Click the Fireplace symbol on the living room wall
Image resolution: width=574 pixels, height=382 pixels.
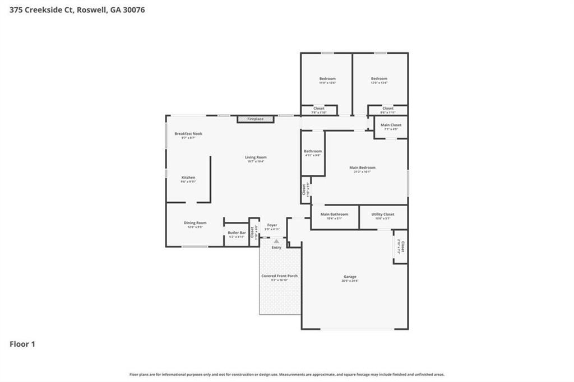coord(255,119)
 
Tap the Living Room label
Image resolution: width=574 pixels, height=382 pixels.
coord(255,157)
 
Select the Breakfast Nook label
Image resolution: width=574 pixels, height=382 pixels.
coord(188,134)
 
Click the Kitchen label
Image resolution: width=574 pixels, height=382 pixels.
coord(188,178)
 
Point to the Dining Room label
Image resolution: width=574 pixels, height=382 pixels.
coord(195,223)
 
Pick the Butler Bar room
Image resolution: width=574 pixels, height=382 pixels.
coord(236,234)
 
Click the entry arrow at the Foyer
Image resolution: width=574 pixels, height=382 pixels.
coord(276,241)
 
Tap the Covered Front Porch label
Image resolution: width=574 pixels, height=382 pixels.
coord(279,276)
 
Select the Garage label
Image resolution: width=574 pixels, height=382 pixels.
coord(350,277)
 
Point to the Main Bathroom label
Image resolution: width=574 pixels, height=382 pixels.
coord(334,215)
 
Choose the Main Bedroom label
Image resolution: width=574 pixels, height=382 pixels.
coord(362,167)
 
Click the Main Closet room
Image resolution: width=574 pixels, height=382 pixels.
coord(391,127)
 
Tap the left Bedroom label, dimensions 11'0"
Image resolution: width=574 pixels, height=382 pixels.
coord(327,79)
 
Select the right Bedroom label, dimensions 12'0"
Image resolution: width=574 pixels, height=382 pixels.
coord(379,79)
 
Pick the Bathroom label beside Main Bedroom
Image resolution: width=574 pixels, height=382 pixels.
coord(313,151)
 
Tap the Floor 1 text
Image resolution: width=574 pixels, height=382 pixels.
coord(22,344)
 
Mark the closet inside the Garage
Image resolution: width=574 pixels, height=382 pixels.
coord(400,246)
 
